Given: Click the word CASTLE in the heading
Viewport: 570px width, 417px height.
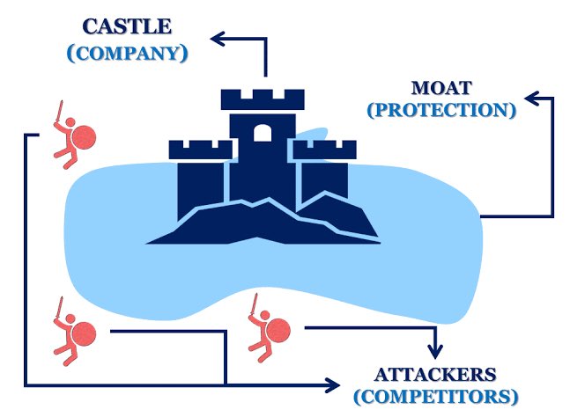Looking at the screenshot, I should pyautogui.click(x=128, y=28).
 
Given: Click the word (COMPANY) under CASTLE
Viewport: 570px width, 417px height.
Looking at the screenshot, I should pyautogui.click(x=128, y=53).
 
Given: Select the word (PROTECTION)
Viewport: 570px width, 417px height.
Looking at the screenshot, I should pyautogui.click(x=441, y=110).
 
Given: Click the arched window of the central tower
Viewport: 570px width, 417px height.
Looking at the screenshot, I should pyautogui.click(x=262, y=133).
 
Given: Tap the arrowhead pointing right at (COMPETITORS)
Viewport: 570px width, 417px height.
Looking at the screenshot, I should pyautogui.click(x=332, y=384).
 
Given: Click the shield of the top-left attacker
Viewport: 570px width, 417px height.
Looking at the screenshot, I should pyautogui.click(x=84, y=139).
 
